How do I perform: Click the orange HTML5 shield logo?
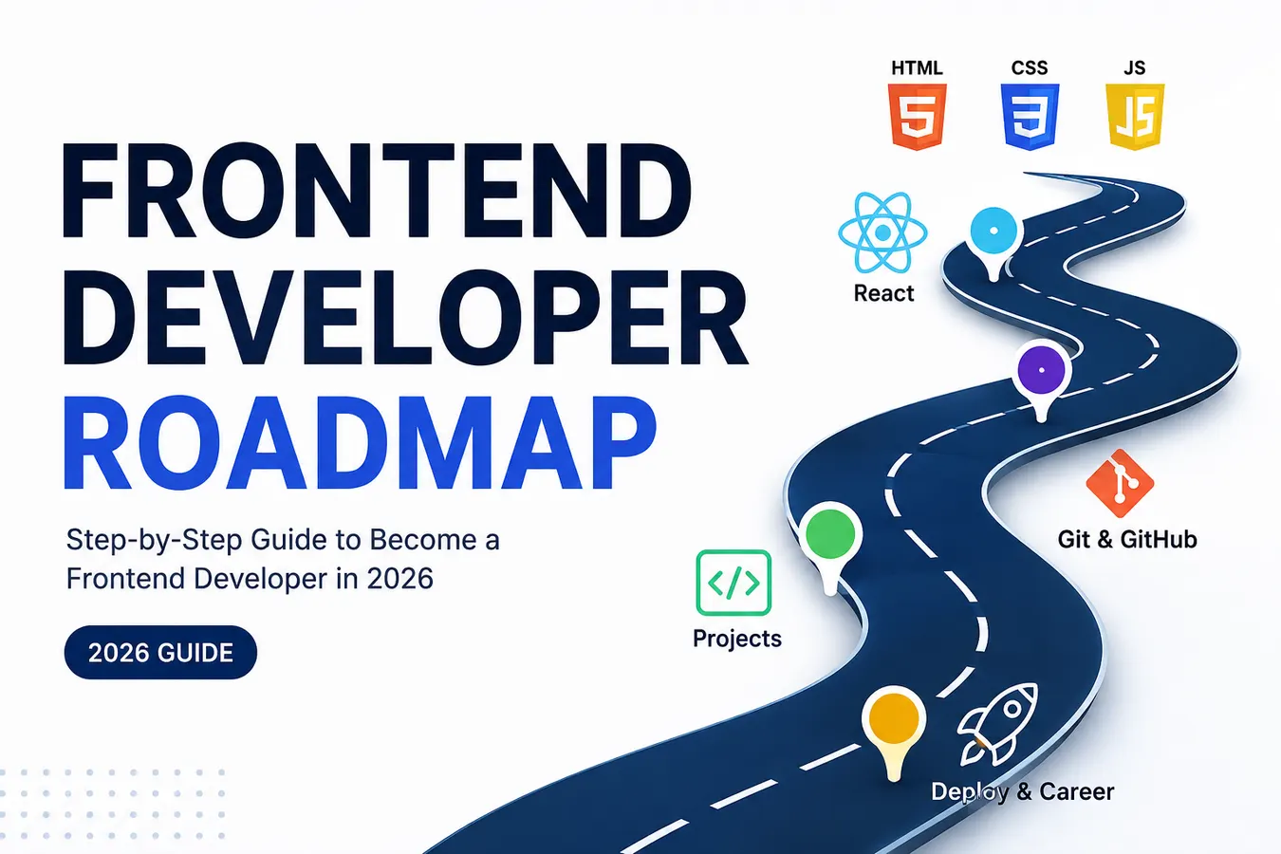click(x=917, y=117)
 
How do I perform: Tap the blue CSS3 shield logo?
click(x=1030, y=117)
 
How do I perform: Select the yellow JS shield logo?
click(x=1135, y=117)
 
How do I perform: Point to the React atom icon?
click(x=883, y=232)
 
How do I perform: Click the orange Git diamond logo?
click(x=1120, y=483)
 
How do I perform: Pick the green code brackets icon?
click(x=733, y=583)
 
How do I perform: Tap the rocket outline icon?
click(x=997, y=724)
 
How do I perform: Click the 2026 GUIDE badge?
click(x=160, y=652)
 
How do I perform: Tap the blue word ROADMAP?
click(x=360, y=444)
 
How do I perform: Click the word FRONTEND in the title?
click(x=377, y=191)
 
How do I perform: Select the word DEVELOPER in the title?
click(x=405, y=317)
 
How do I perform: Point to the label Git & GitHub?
click(x=1127, y=539)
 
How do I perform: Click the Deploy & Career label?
click(x=1023, y=792)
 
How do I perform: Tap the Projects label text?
click(x=737, y=639)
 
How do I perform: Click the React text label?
click(x=883, y=293)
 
